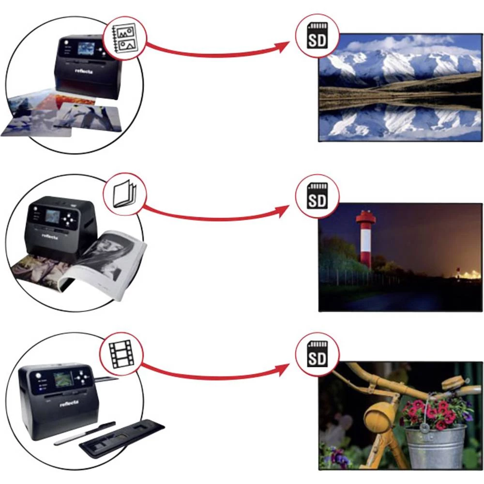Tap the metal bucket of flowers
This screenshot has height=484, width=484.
[x=435, y=445]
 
